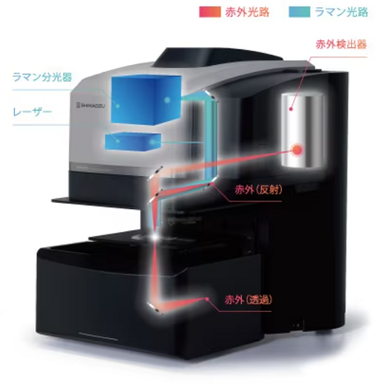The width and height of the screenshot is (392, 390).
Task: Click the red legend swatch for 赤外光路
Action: point(210,12)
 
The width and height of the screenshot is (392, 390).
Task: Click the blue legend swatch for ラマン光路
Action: point(299,12)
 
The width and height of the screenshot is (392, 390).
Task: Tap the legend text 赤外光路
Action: point(247,12)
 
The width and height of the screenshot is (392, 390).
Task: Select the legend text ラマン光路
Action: point(341,12)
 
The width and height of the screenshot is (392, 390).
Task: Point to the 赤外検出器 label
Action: point(341,45)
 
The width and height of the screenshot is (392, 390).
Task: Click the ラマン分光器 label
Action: point(42,78)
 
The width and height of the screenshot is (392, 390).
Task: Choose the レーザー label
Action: point(32,113)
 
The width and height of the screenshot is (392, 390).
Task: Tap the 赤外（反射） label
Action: point(258,190)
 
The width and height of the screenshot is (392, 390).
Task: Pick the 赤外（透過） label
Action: point(249,300)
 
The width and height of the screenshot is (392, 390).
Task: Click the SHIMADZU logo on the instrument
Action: point(90,105)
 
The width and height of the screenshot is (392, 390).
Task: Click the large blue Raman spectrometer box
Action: point(146,99)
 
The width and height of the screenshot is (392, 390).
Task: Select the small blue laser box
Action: point(132,143)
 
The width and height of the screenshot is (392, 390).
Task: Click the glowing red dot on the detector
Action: point(297,150)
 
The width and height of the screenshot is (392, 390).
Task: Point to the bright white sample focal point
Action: point(154,237)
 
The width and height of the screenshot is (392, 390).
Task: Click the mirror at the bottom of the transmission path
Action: point(155,308)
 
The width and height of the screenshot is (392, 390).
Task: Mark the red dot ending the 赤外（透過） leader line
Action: point(207,299)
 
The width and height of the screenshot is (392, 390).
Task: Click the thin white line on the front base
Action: point(98,337)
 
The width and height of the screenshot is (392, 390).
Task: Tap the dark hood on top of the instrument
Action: point(217,57)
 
